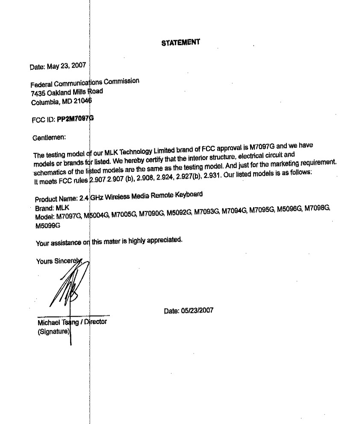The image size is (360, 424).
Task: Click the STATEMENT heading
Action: pyautogui.click(x=180, y=42)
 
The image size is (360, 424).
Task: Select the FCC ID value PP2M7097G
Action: pyautogui.click(x=75, y=119)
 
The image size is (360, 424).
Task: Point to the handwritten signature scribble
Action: pyautogui.click(x=68, y=284)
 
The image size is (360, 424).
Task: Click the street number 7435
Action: pyautogui.click(x=38, y=93)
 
